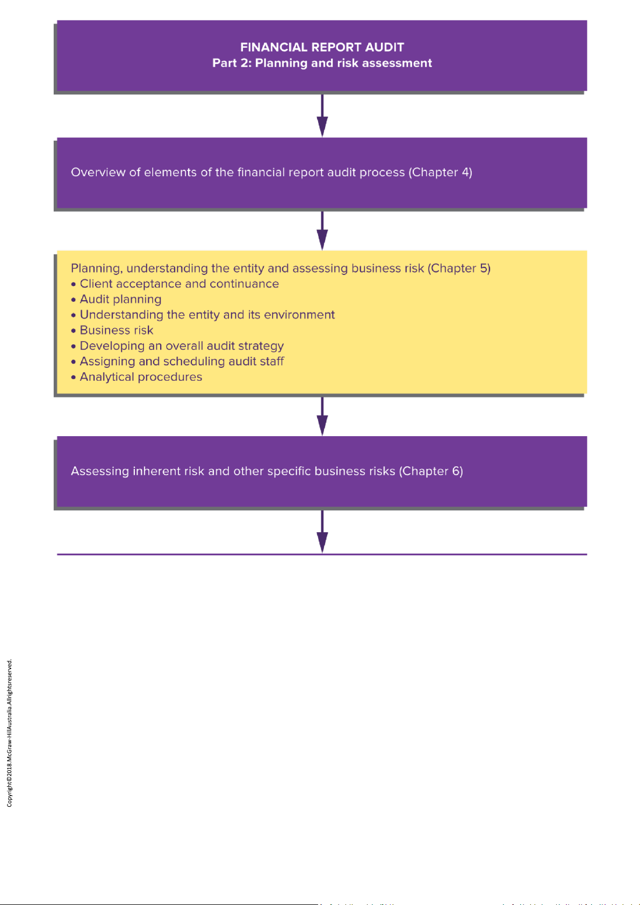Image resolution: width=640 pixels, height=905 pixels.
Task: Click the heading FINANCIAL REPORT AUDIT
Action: point(322,47)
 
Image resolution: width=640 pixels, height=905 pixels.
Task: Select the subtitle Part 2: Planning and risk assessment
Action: point(322,63)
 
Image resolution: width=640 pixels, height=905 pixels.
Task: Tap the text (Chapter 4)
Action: point(440,172)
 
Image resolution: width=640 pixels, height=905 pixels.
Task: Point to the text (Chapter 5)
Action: point(459,268)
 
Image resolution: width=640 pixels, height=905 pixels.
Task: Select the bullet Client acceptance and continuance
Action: point(179,284)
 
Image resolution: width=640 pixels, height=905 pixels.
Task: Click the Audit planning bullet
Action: point(120,299)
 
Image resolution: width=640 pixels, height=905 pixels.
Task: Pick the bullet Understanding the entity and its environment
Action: point(207,315)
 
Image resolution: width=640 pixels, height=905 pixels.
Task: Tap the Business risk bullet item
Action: point(117,330)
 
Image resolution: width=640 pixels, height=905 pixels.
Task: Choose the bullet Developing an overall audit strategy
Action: point(182,346)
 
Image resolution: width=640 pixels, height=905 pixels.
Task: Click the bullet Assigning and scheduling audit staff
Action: point(182,361)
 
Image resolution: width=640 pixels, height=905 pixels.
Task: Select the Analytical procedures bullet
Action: point(141,377)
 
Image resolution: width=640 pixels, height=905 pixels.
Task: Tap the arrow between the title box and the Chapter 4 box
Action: point(322,116)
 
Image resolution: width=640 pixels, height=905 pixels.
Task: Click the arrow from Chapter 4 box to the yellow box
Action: point(322,231)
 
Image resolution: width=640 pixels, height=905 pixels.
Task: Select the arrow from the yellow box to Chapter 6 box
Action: point(322,417)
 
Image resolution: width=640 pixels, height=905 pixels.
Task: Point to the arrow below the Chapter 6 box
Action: point(322,532)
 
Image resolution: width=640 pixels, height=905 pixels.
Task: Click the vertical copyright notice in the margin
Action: point(9,733)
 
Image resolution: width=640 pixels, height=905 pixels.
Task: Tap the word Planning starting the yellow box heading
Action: point(96,268)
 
